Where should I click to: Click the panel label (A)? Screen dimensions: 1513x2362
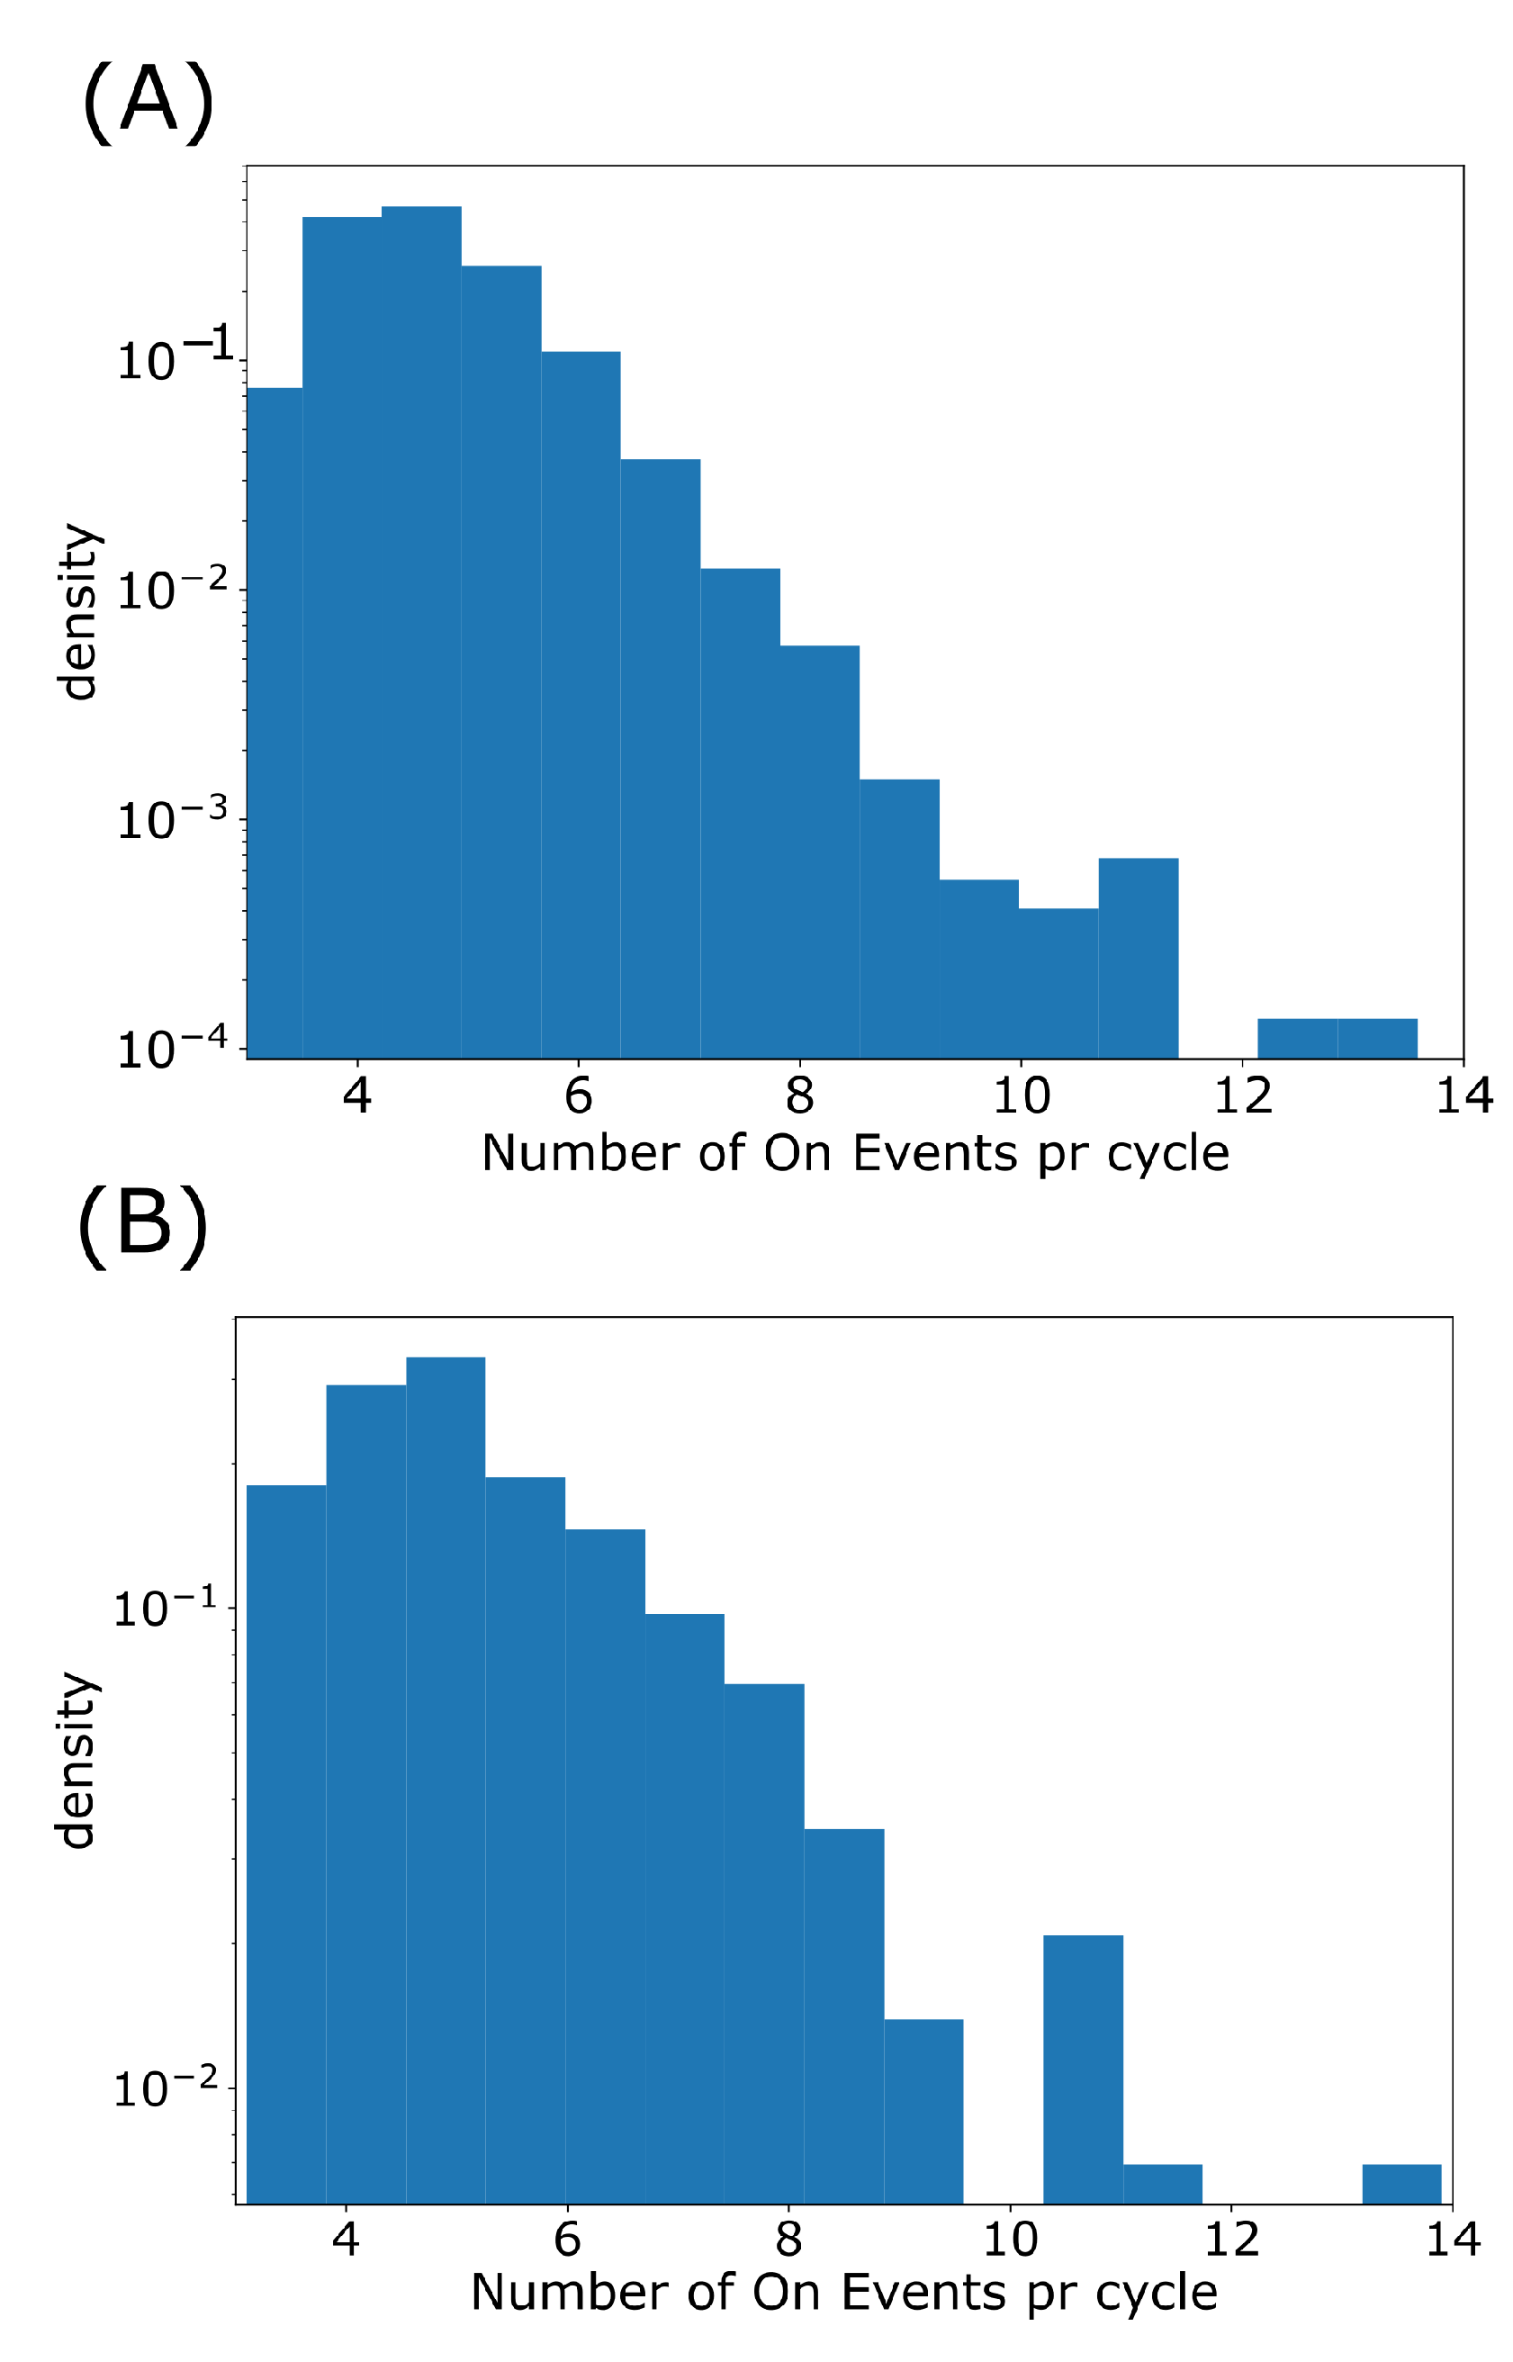coord(149,101)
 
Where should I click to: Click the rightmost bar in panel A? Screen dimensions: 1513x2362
coord(1377,1039)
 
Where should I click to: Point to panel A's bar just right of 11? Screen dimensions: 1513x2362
coord(1139,958)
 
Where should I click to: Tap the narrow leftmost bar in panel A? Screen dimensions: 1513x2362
coord(275,723)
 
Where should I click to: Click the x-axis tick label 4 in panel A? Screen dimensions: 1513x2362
coord(356,1095)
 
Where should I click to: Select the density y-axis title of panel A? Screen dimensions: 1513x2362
coord(78,611)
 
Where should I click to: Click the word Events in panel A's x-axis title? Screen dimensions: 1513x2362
coord(934,1153)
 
